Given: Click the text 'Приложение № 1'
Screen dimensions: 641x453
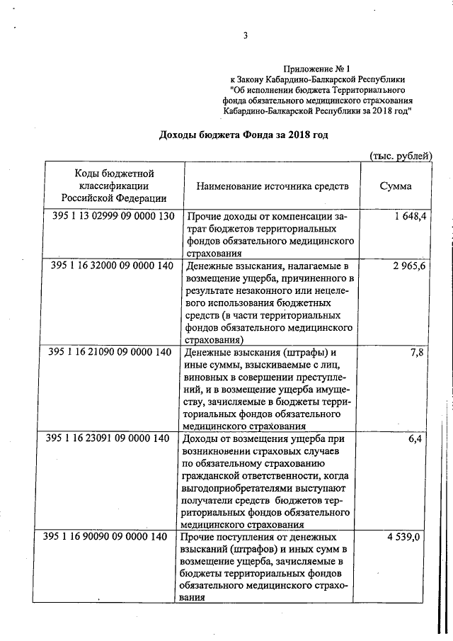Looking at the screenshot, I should click(317, 69).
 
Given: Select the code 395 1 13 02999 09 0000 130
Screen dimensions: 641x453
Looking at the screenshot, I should click(113, 216).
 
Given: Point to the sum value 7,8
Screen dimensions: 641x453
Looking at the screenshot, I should click(416, 352).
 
